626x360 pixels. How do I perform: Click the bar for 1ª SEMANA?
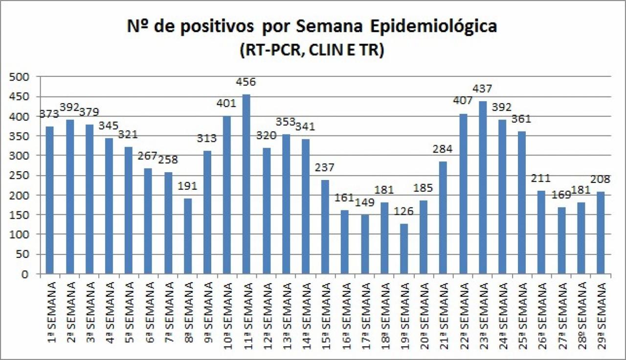click(x=49, y=200)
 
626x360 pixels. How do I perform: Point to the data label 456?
click(x=246, y=82)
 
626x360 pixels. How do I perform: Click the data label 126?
click(x=403, y=212)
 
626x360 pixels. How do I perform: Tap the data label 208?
click(x=601, y=179)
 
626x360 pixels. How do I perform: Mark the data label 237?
click(x=325, y=167)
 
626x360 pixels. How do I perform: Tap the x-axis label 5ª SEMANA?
click(x=129, y=311)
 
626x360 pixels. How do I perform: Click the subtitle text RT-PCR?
click(x=269, y=50)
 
